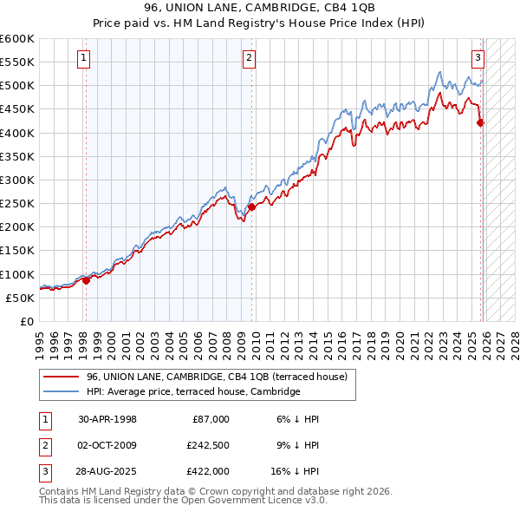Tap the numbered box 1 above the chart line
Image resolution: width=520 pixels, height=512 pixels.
click(x=84, y=58)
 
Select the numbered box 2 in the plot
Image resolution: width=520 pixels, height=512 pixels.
click(x=249, y=58)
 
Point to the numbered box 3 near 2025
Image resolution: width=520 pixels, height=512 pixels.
click(x=478, y=58)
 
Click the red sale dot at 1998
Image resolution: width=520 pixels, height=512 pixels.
click(x=86, y=280)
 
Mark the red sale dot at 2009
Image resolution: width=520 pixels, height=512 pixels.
click(x=251, y=207)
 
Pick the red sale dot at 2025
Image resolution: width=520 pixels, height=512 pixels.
click(x=480, y=122)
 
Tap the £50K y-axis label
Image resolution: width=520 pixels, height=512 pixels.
click(x=21, y=298)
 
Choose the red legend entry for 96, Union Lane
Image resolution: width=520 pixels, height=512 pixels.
click(x=217, y=377)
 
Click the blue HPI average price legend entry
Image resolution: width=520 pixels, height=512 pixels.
click(x=192, y=391)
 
